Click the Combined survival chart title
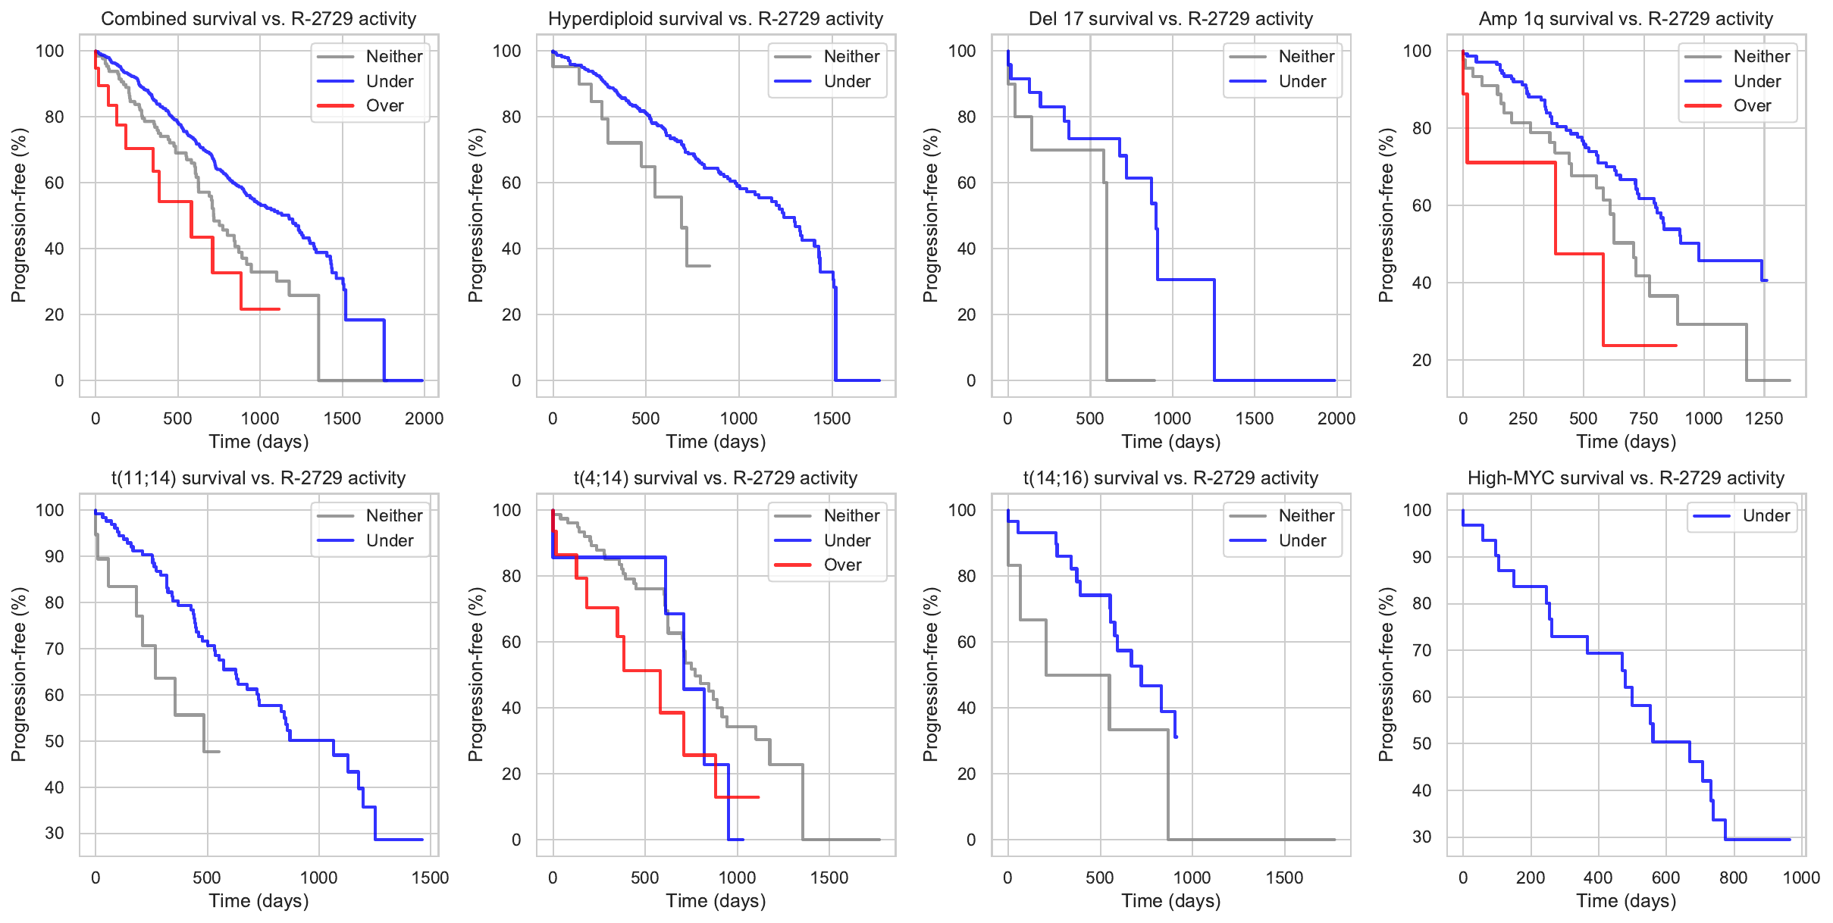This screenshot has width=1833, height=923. point(258,19)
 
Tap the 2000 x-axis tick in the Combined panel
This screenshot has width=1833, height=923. point(424,419)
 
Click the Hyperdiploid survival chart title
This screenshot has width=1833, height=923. point(716,19)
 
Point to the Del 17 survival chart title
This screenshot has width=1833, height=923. point(1170,19)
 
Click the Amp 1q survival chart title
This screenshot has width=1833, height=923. point(1626,19)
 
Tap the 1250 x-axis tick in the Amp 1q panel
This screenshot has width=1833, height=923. point(1764,419)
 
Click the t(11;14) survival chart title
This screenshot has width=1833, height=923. point(258,478)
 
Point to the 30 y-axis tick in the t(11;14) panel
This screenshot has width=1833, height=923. point(55,834)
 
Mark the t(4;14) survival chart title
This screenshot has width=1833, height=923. point(716,478)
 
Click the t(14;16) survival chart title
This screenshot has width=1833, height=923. point(1170,478)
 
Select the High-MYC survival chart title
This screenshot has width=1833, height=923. point(1626,478)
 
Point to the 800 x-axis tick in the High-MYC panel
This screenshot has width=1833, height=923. point(1734,878)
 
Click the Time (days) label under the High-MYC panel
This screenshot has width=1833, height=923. point(1626,901)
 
